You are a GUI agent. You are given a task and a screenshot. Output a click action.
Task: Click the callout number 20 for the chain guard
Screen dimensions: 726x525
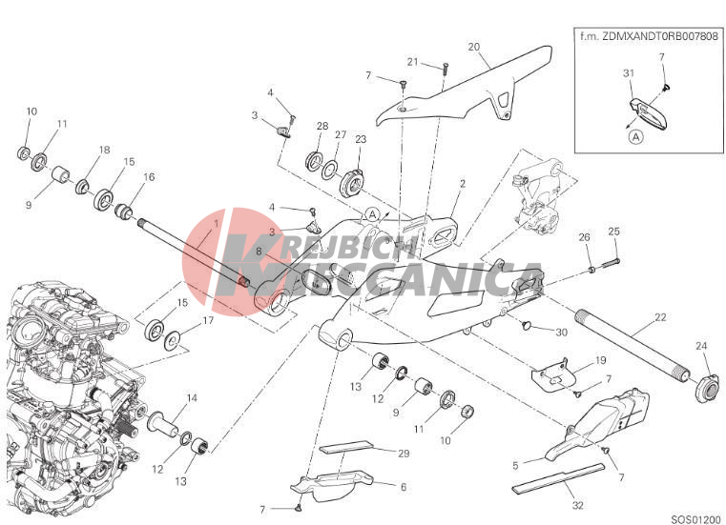click(x=473, y=47)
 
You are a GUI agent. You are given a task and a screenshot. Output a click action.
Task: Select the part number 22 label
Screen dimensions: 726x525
click(x=660, y=317)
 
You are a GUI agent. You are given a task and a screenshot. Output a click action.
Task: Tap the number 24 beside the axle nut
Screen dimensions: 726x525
click(x=701, y=346)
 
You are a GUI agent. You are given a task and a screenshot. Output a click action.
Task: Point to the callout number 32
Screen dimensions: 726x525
click(x=577, y=506)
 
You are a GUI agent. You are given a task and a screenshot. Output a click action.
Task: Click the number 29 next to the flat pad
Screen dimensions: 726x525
click(x=404, y=454)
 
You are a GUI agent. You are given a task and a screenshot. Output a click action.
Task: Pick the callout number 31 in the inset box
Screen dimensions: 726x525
click(x=629, y=73)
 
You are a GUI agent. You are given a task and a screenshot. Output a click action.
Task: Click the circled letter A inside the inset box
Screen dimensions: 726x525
click(x=636, y=137)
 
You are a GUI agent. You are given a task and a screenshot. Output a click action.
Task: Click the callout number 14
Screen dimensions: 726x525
click(x=192, y=397)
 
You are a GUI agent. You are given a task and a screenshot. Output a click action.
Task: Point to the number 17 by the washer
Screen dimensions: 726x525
click(x=208, y=320)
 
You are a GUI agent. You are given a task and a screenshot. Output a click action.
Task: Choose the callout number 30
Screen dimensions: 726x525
click(x=561, y=333)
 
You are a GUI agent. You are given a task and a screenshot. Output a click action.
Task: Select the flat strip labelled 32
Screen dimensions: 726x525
click(x=559, y=476)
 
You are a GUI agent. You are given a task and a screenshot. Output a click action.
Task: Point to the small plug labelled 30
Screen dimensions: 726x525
click(x=526, y=326)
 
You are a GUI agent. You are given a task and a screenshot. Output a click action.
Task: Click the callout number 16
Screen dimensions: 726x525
click(x=149, y=176)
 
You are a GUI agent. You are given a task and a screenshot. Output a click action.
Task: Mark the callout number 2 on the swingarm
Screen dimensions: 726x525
click(x=462, y=184)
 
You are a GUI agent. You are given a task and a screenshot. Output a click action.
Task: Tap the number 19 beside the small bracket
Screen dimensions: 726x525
click(x=600, y=360)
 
